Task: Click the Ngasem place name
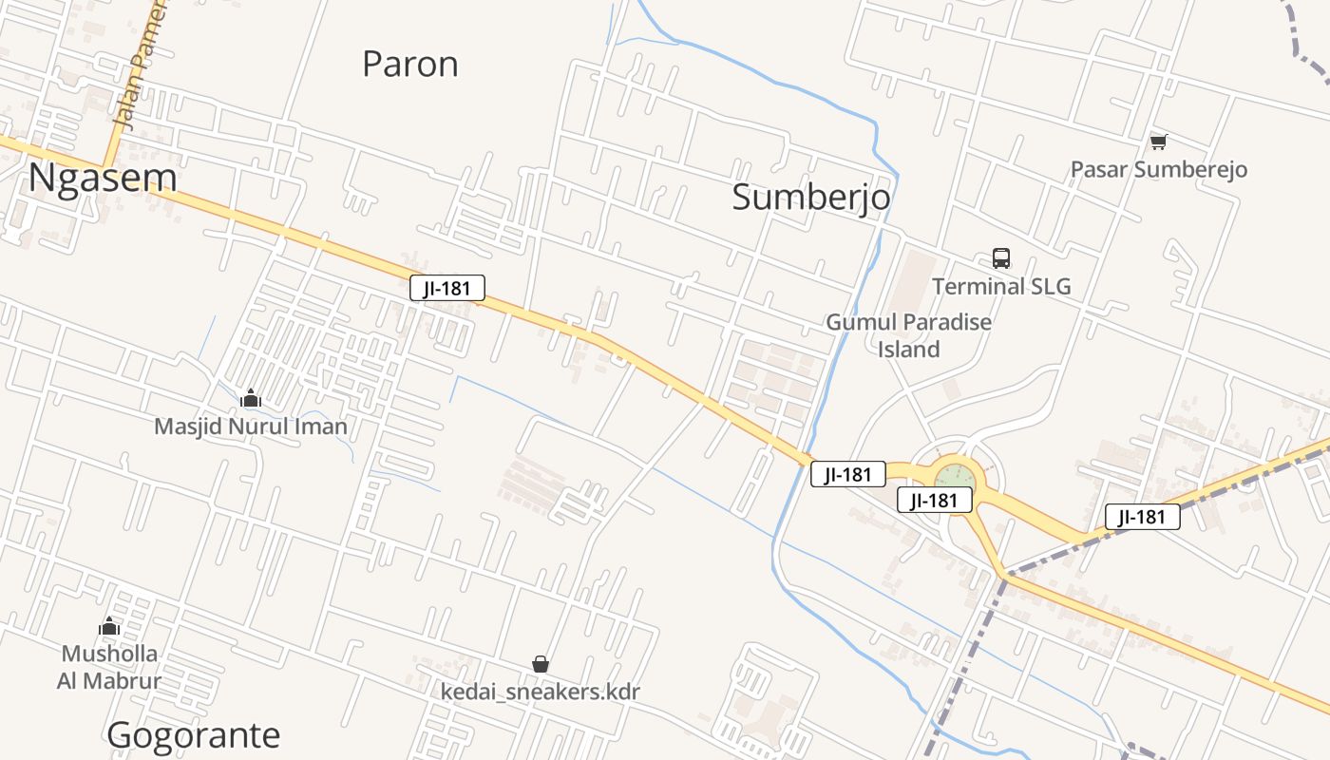tap(103, 178)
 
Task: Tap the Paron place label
tap(410, 64)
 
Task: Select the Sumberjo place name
tap(811, 197)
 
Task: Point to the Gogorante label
tap(194, 734)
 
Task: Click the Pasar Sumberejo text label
tap(1158, 169)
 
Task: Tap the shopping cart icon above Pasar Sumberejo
tap(1158, 142)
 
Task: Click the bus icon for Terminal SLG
tap(1001, 257)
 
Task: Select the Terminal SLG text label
tap(1001, 286)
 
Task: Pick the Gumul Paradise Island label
tap(908, 335)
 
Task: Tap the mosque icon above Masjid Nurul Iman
tap(251, 398)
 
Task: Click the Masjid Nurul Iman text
tap(251, 427)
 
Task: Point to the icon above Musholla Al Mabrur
tap(109, 627)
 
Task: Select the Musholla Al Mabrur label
tap(109, 667)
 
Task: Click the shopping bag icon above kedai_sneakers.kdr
tap(541, 664)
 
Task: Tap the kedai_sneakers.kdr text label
tap(541, 691)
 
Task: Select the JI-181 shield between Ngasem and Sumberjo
tap(447, 288)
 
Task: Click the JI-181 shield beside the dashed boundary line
tap(1142, 517)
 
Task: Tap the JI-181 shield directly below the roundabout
tap(935, 500)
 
